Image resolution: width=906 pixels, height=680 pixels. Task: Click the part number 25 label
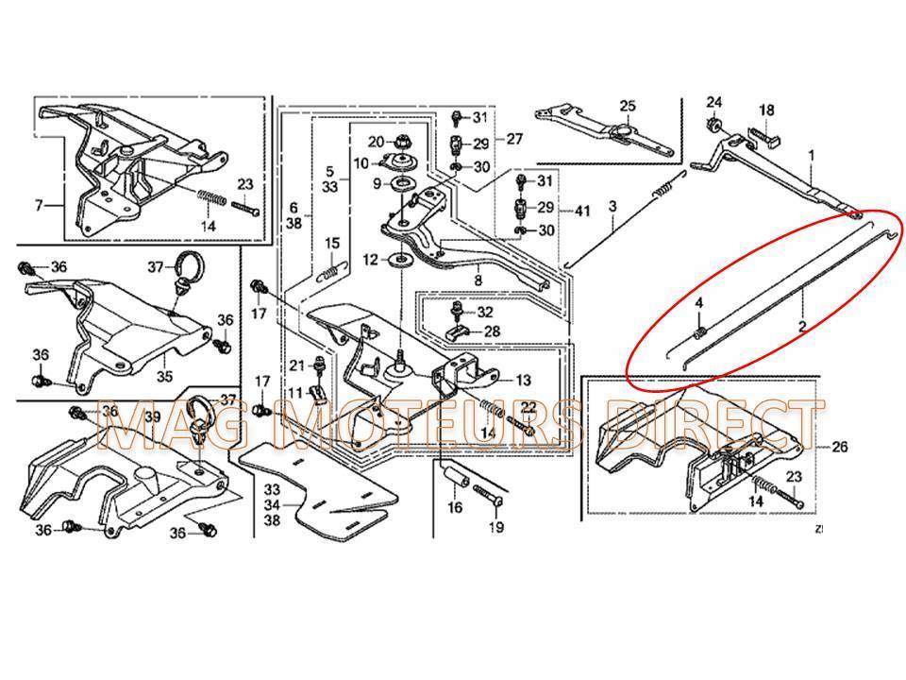[628, 105]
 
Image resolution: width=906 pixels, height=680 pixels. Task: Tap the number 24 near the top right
[714, 101]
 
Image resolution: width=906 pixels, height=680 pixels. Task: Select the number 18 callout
[766, 110]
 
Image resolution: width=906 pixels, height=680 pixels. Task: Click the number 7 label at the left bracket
[39, 206]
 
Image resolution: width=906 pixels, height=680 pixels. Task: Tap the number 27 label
[513, 139]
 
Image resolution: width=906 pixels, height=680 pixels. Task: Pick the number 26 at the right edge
[840, 448]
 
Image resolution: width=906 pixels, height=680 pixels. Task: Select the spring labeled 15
[327, 271]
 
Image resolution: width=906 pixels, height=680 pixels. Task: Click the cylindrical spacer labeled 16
[456, 475]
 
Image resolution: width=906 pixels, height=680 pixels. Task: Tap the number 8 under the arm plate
[478, 280]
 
